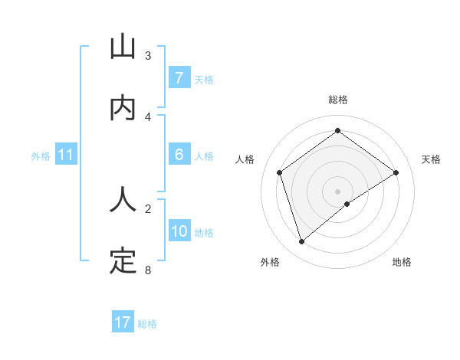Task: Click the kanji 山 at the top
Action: [x=123, y=48]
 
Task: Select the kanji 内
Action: [x=123, y=108]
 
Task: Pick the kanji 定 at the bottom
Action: [x=123, y=260]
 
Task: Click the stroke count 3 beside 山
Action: [x=148, y=56]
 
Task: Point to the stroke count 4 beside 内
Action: [x=148, y=116]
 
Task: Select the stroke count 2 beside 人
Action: [x=148, y=208]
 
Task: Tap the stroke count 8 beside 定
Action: [x=148, y=269]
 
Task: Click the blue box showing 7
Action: [x=179, y=78]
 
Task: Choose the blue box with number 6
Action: [x=179, y=155]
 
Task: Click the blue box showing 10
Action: [x=179, y=231]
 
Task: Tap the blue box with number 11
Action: [x=66, y=155]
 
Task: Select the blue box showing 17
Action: [x=123, y=322]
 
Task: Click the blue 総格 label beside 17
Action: [x=148, y=324]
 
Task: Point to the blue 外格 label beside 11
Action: [x=41, y=156]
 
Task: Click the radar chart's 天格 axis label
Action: [x=431, y=159]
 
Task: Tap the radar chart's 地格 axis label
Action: [x=402, y=263]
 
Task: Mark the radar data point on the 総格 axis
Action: [x=337, y=131]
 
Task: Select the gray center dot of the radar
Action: [x=337, y=191]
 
